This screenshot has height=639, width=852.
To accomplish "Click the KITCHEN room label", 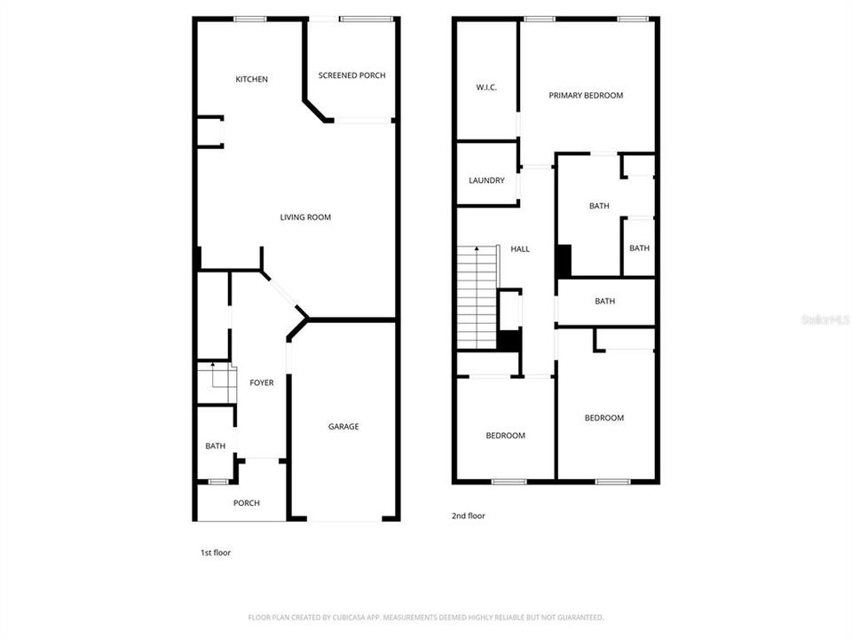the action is pos(251,79).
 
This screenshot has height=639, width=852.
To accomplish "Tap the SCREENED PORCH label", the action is pos(352,75).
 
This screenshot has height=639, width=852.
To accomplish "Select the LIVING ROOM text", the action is pos(305,217).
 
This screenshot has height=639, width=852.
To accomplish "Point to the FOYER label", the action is pos(261,383).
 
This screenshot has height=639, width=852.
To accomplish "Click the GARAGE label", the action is pos(343,427).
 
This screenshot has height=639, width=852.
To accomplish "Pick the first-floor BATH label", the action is pos(215,446).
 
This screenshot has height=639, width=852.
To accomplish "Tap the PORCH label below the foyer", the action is pos(247,503).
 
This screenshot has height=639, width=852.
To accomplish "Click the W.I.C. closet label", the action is pos(486,88).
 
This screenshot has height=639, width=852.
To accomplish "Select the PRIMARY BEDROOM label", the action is pos(586,96).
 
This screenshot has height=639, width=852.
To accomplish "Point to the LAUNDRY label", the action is pos(486,180).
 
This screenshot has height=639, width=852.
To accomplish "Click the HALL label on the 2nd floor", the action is pos(520,248).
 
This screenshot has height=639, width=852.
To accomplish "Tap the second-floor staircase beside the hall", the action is pos(477,297).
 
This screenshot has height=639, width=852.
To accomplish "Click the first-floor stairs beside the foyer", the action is pos(217,383).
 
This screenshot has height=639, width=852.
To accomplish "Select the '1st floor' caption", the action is pos(216,553).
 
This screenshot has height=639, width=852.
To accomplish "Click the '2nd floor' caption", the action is pos(469,516).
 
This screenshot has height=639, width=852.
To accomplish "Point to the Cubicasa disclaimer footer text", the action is pos(426,618).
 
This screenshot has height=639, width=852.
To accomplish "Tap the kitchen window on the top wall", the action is pos(250,19).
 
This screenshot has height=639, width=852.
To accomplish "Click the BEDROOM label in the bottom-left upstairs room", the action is pos(505,435).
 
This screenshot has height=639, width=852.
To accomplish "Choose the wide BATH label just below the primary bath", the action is pos(604,301).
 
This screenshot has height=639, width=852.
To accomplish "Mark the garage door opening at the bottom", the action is pos(344,520).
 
